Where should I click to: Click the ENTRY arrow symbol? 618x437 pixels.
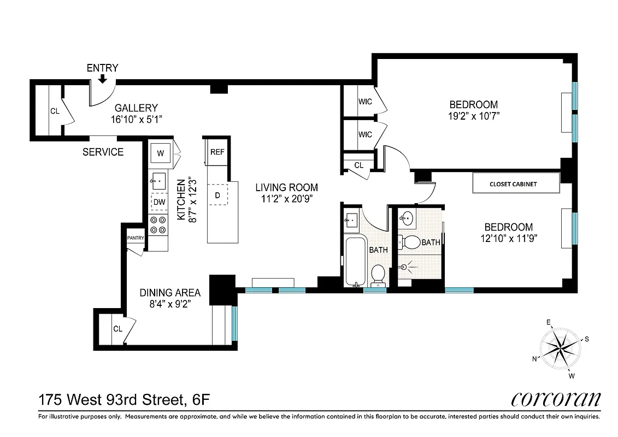(x=102, y=80)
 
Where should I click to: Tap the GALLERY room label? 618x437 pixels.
(x=136, y=108)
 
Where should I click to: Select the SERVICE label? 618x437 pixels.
(x=103, y=152)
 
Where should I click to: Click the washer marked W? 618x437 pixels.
(x=160, y=153)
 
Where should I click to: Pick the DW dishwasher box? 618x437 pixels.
(x=159, y=202)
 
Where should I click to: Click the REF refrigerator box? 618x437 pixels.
(x=217, y=152)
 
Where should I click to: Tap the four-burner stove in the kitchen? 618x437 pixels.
(x=158, y=225)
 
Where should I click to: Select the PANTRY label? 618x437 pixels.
(x=135, y=238)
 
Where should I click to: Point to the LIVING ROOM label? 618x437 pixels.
(x=286, y=187)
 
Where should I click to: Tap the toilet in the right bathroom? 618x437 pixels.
(x=411, y=242)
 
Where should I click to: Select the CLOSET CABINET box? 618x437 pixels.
(x=516, y=184)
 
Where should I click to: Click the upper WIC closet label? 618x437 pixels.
(x=365, y=102)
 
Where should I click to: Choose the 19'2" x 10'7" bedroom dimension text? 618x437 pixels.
(x=474, y=116)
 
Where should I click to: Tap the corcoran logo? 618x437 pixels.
(x=556, y=399)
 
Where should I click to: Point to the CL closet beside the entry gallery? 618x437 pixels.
(x=55, y=111)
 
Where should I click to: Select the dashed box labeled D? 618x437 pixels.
(x=217, y=195)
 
